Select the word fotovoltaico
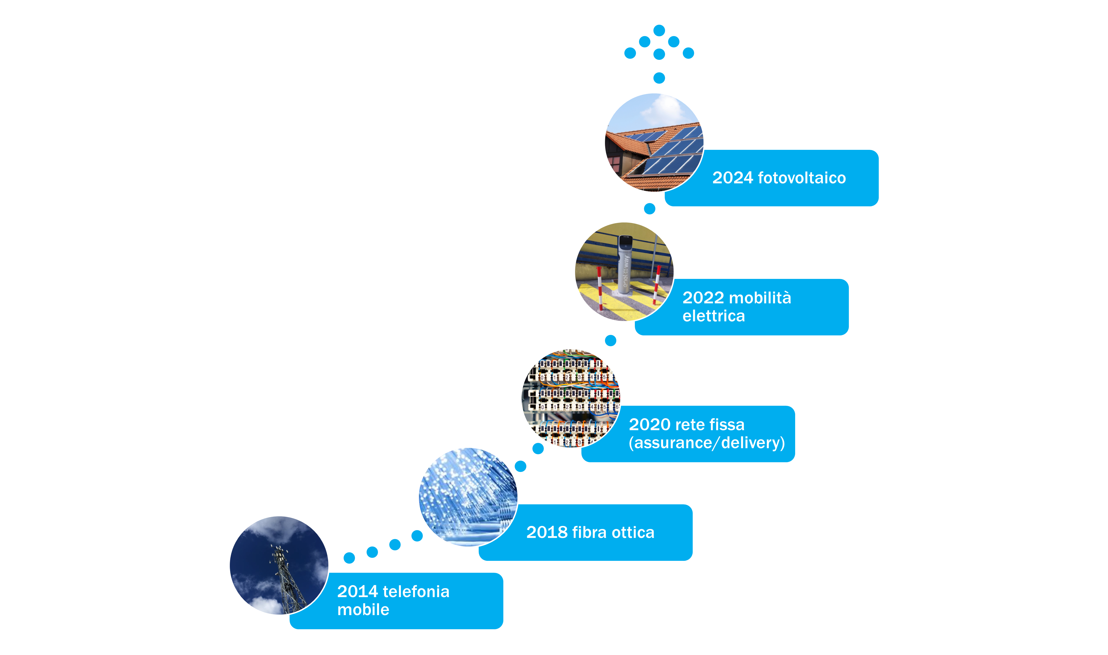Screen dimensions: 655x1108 [x=802, y=178]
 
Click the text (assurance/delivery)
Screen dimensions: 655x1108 [x=707, y=443]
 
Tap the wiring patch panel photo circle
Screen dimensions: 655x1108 [x=571, y=398]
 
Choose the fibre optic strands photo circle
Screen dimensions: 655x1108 [x=468, y=497]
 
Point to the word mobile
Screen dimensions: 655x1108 [x=363, y=610]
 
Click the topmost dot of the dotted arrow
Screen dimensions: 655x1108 [x=659, y=30]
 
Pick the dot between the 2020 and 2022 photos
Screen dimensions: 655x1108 [x=610, y=340]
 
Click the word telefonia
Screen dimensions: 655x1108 [x=416, y=592]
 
